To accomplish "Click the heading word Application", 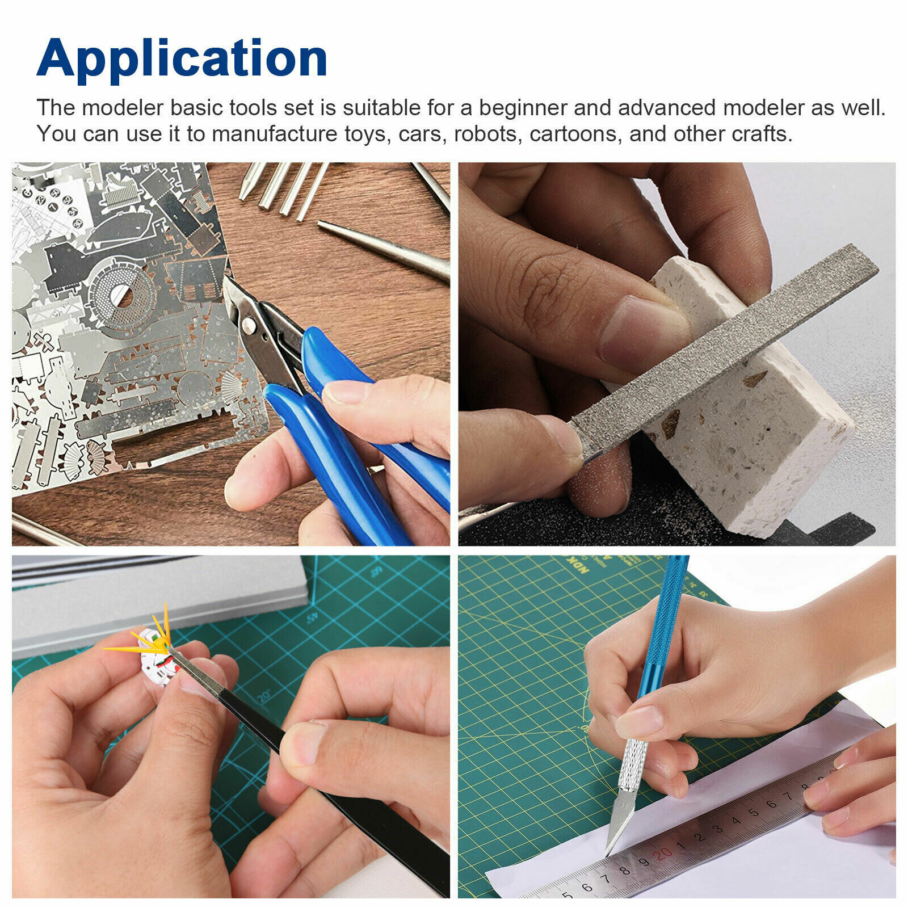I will pos(182,60).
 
